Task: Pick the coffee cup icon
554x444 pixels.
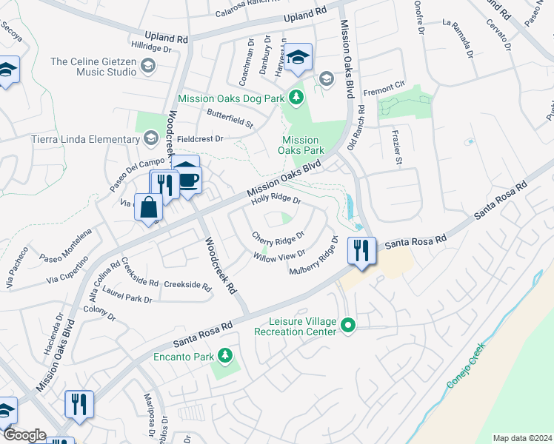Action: pos(188,179)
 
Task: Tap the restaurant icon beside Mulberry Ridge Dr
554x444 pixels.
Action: pos(361,249)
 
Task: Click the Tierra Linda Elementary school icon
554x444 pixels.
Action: pos(151,139)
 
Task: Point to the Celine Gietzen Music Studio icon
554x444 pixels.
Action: pos(147,67)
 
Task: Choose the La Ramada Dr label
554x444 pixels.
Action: pos(458,37)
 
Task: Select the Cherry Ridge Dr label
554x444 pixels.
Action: pos(278,238)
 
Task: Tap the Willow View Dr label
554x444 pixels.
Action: pos(279,257)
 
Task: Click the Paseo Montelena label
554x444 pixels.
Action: pos(67,245)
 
